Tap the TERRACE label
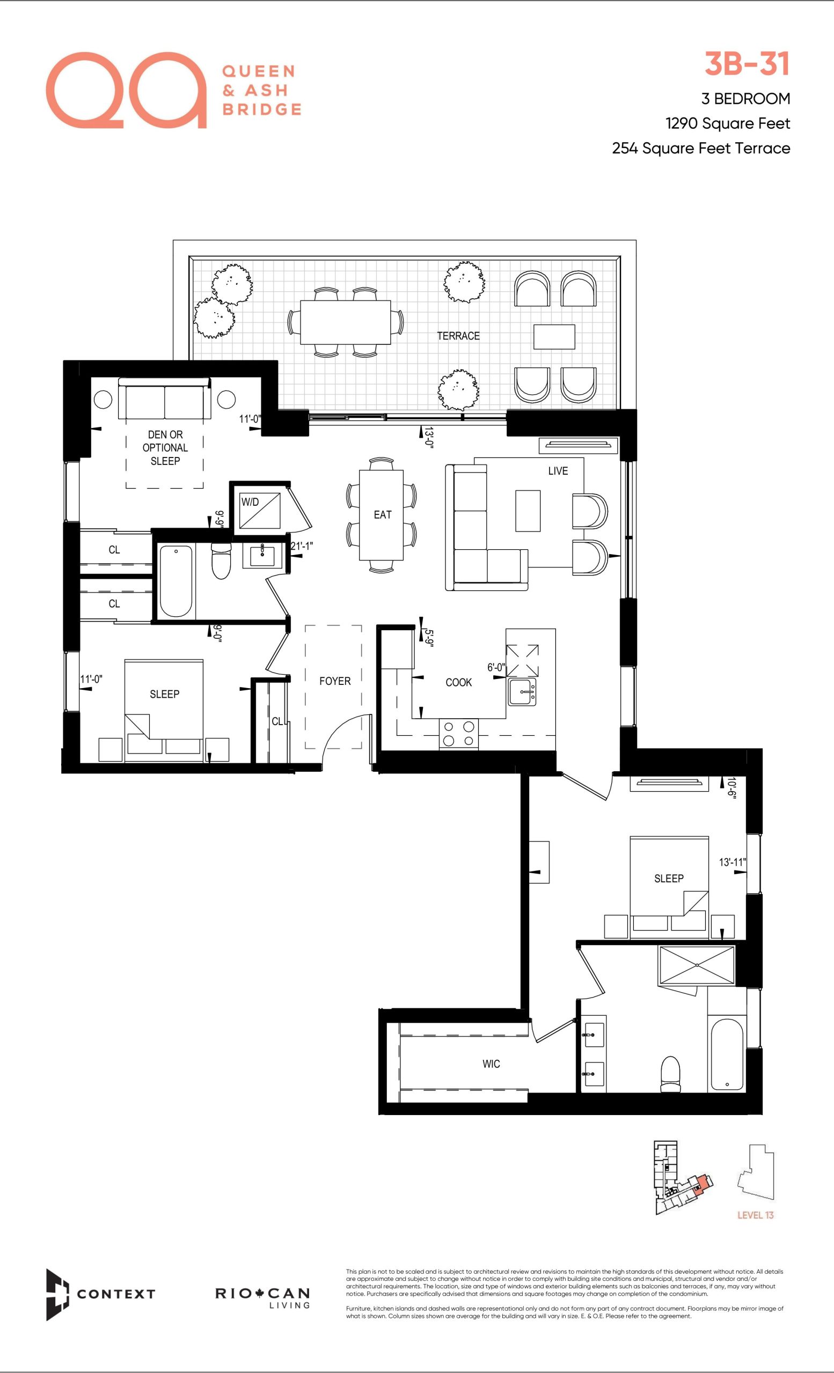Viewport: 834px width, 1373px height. (458, 335)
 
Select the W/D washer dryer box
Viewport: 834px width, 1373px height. (260, 511)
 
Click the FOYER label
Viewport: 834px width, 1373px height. (335, 681)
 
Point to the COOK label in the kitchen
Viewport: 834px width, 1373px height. (459, 682)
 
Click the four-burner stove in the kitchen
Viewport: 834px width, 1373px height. (459, 734)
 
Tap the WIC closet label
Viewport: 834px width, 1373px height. (491, 1064)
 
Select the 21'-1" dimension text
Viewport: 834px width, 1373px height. (302, 546)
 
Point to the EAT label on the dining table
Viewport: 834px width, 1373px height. (383, 514)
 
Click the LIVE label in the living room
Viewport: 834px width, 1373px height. (558, 471)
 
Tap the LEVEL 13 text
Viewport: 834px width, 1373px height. (756, 1215)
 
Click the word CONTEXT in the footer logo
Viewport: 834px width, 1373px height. (116, 1294)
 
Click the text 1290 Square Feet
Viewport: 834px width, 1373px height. (728, 123)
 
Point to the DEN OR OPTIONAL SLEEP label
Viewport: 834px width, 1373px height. (165, 447)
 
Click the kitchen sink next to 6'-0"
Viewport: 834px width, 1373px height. (522, 692)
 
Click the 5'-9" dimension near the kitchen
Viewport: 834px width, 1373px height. (428, 638)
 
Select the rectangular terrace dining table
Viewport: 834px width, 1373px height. (346, 323)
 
